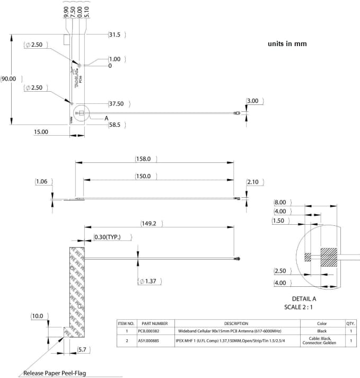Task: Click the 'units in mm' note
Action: tap(287, 44)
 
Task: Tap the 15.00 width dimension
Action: tap(41, 131)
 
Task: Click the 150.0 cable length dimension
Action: tap(143, 176)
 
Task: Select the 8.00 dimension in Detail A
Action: tap(280, 203)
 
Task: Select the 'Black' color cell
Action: tap(322, 331)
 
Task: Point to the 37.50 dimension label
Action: tap(116, 104)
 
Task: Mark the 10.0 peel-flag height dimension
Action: tap(38, 316)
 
